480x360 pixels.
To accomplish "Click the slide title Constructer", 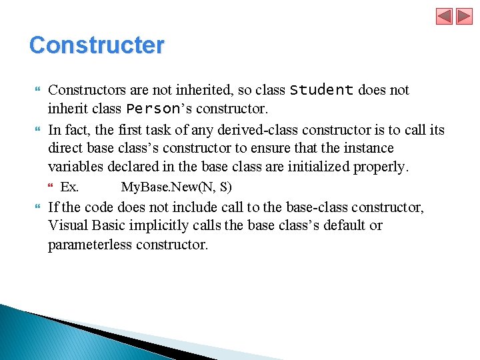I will coord(97,45).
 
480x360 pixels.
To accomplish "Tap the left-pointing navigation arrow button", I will coord(445,16).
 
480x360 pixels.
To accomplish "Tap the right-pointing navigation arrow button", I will coord(464,16).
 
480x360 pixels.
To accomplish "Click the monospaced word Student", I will coord(322,89).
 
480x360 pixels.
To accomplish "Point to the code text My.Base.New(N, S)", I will coord(176,187).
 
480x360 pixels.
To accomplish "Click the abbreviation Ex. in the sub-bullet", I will coord(69,187).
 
